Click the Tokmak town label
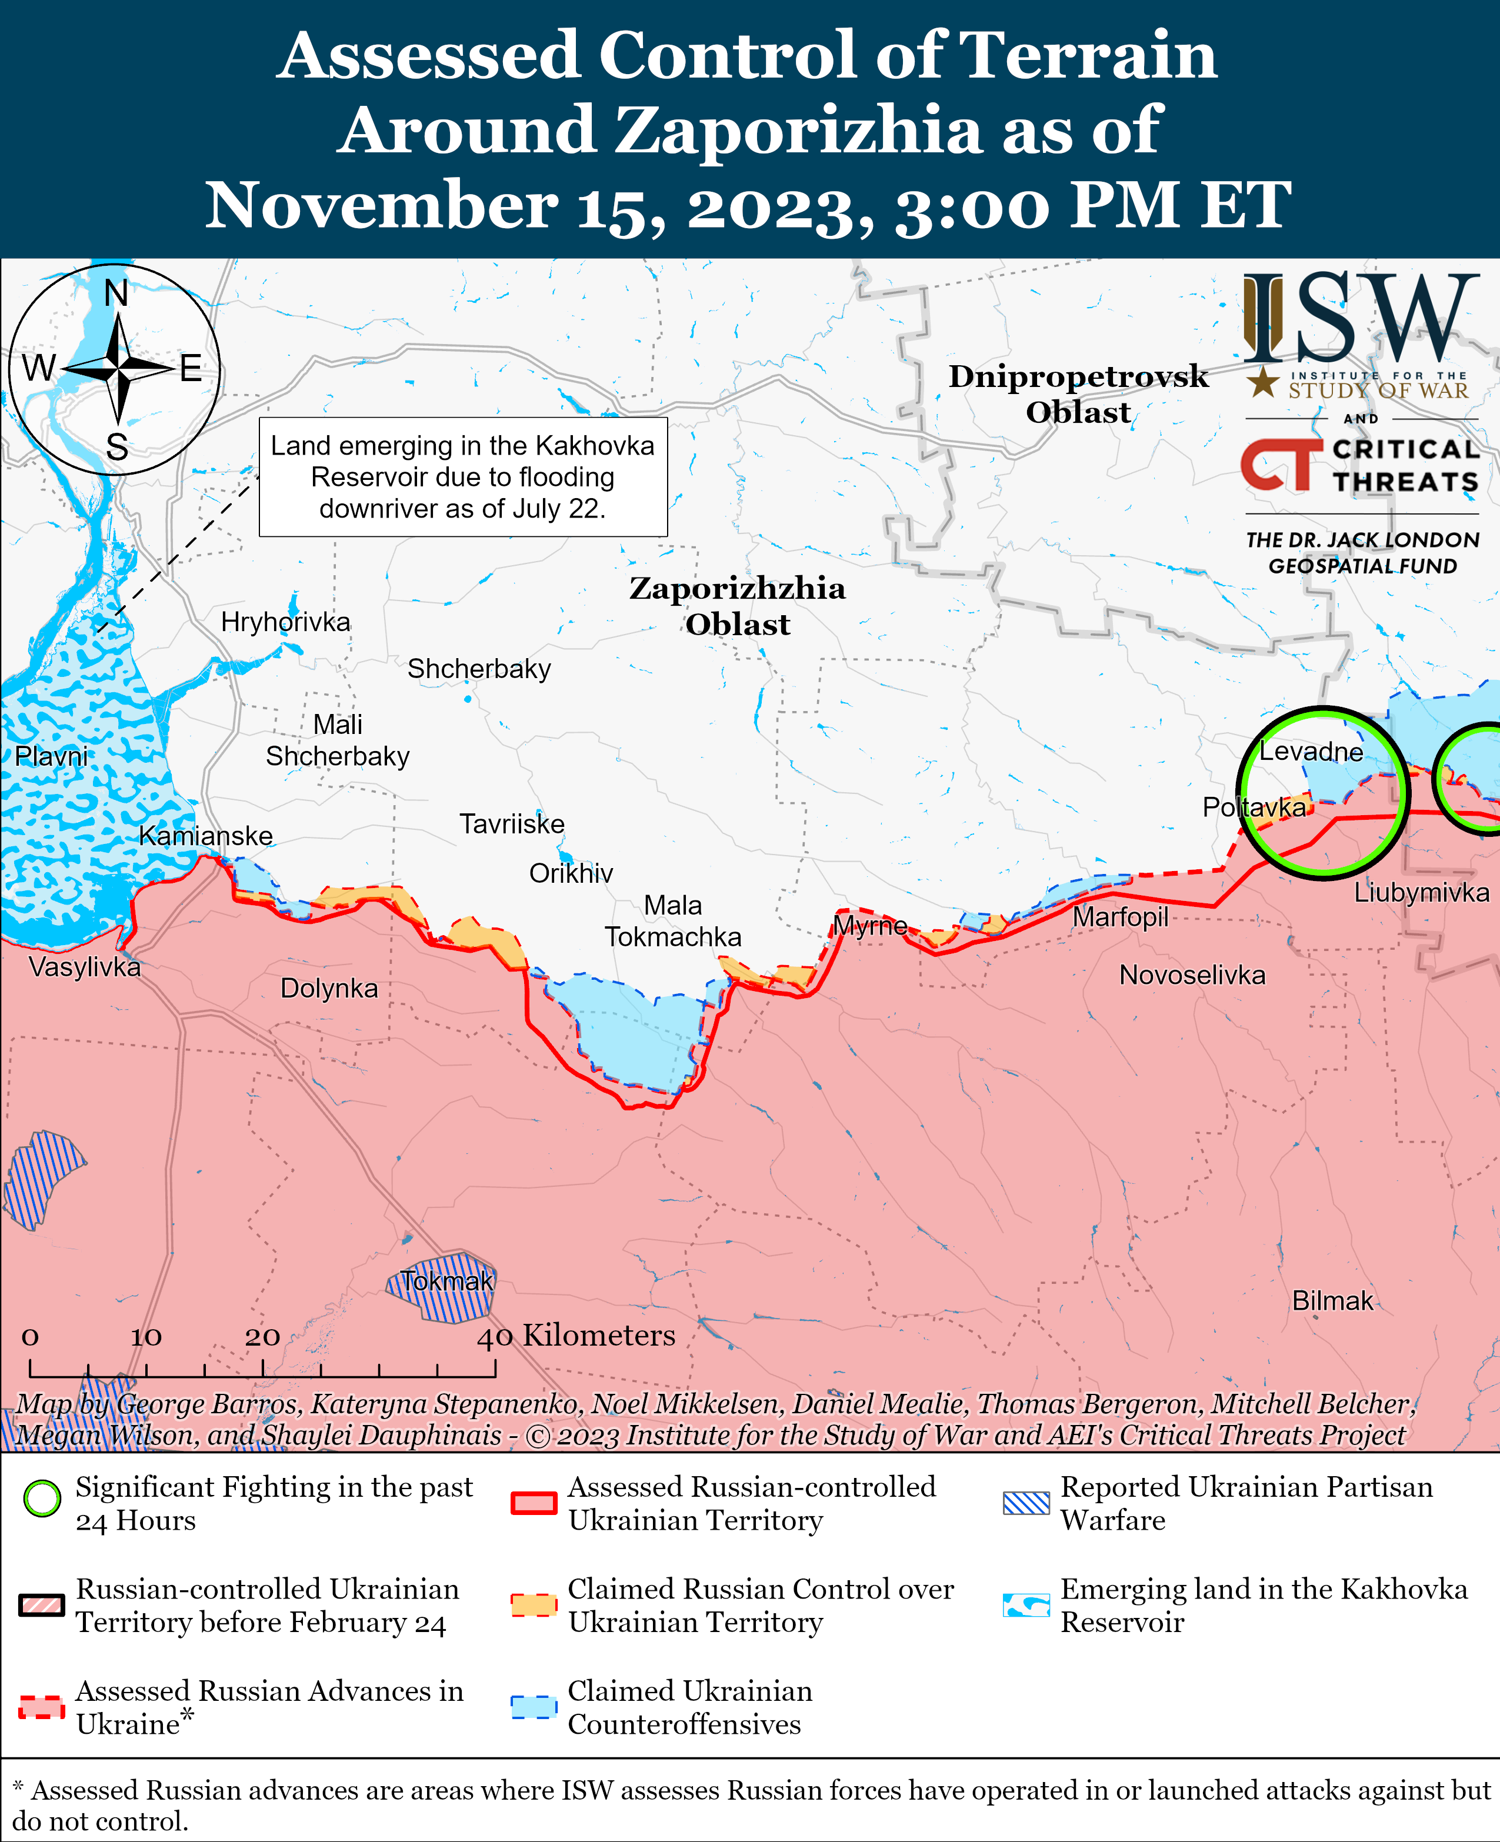point(446,1282)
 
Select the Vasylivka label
point(85,967)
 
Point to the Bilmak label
point(1332,1300)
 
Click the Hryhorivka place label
point(285,622)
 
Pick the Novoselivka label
point(1192,976)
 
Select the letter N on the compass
point(116,293)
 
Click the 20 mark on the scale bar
point(262,1337)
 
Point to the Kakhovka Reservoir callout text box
point(462,477)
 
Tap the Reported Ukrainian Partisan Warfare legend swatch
point(1026,1503)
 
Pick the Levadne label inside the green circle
point(1310,752)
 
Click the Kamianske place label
point(206,836)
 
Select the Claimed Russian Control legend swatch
point(533,1604)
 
